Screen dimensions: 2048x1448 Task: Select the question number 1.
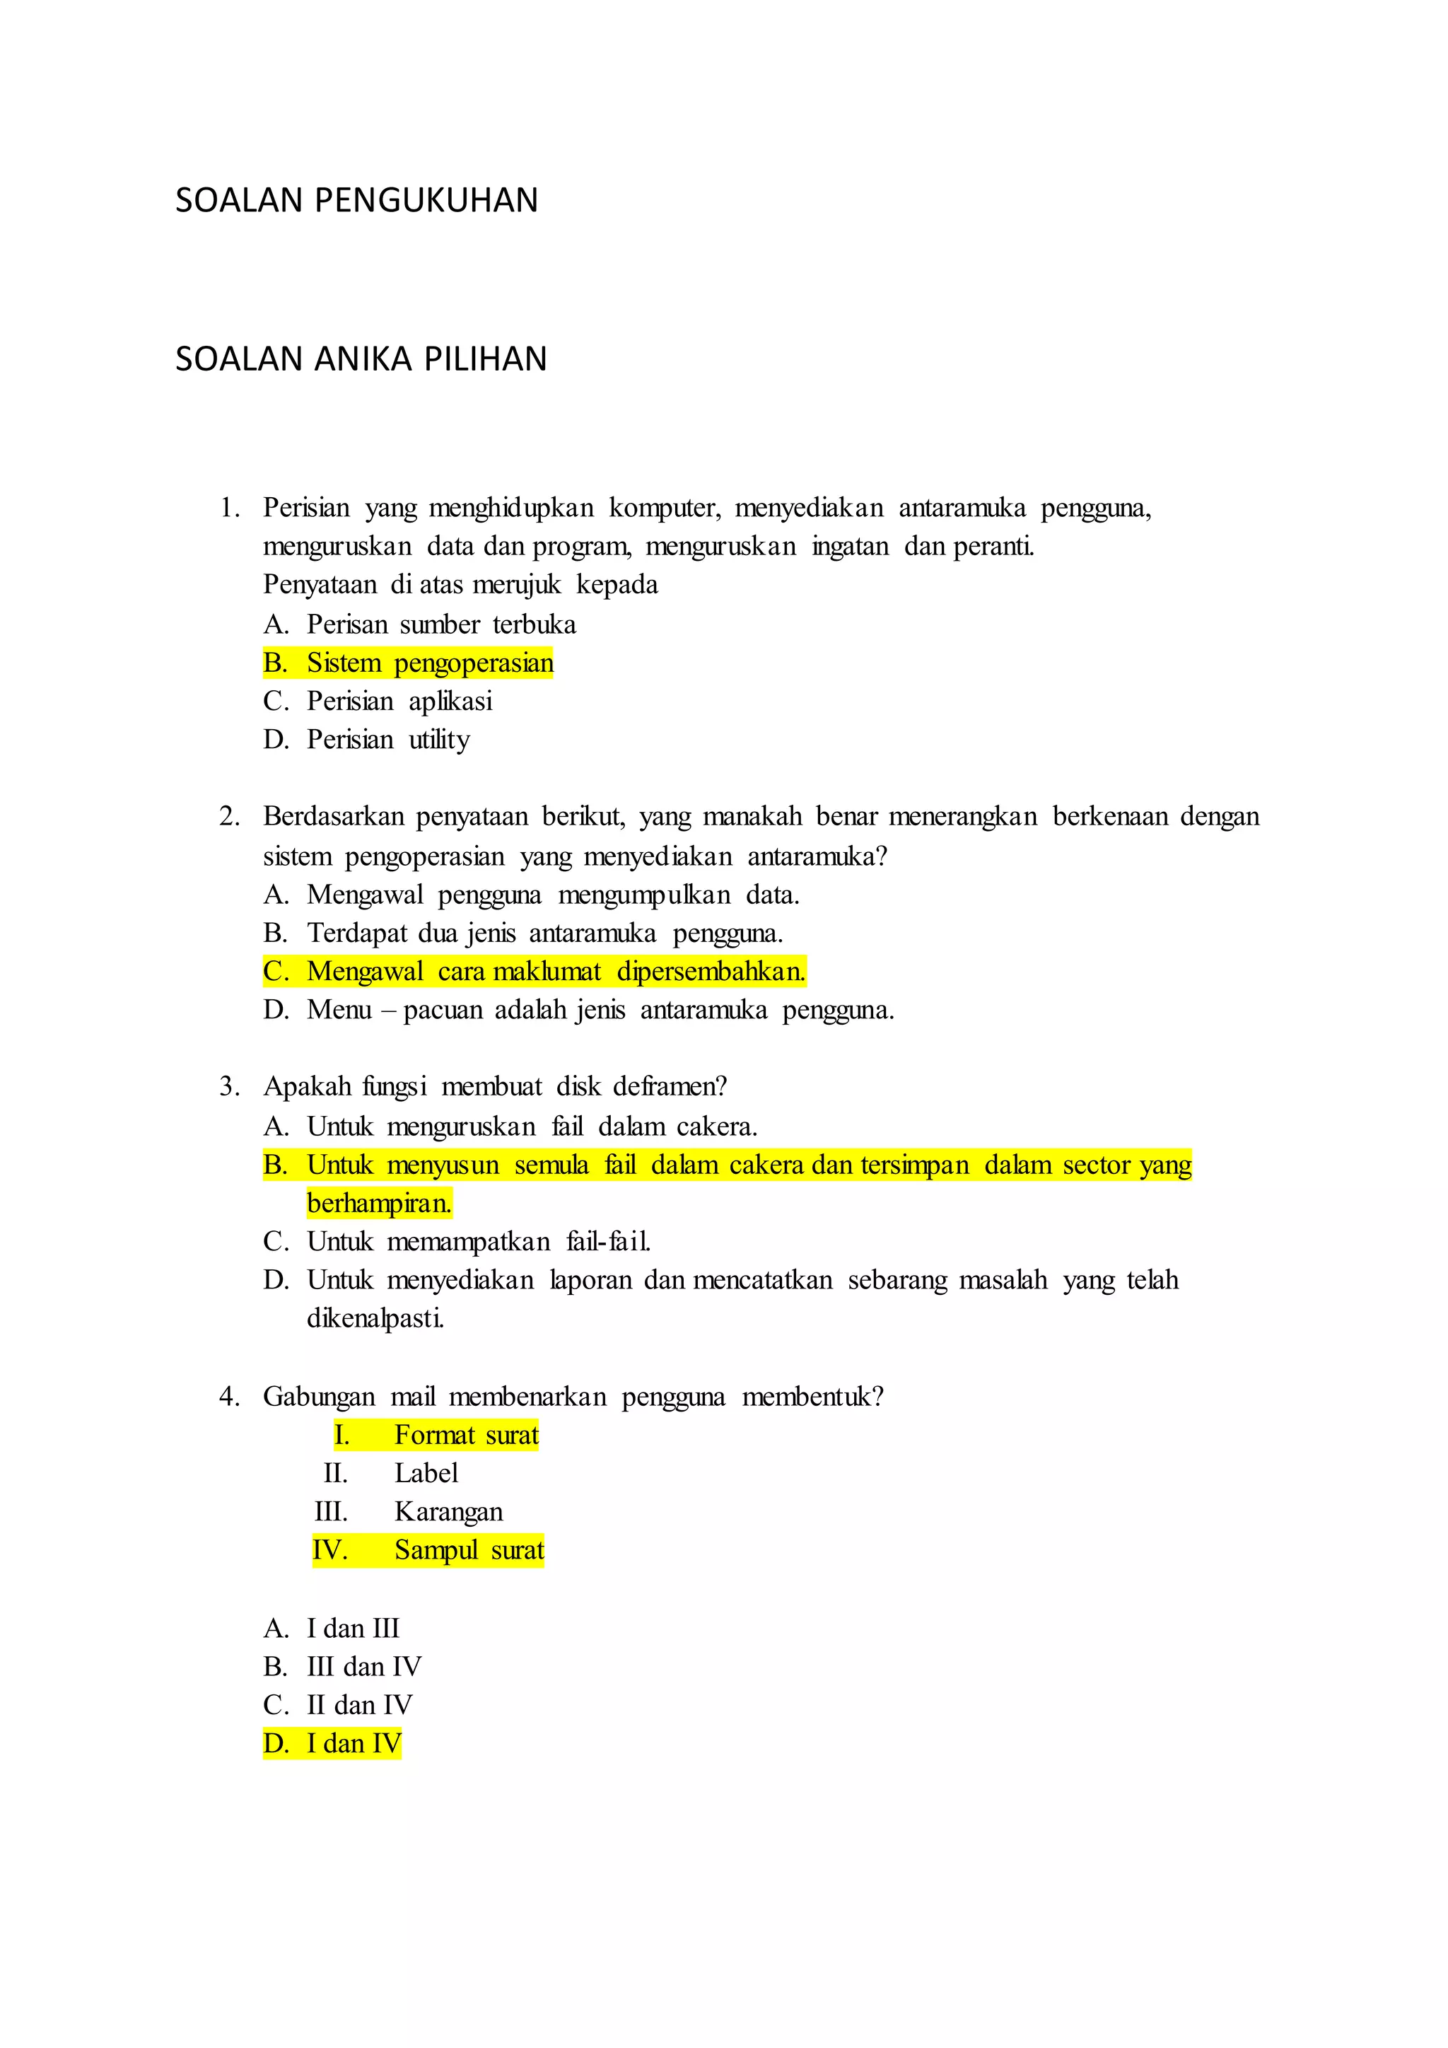coord(229,508)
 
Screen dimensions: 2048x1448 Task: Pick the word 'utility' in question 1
coord(438,740)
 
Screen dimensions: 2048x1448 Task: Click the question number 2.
coord(229,817)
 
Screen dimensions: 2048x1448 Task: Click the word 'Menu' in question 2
coord(339,1010)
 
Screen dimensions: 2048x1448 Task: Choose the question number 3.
coord(229,1086)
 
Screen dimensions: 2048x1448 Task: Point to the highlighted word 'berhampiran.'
coord(379,1204)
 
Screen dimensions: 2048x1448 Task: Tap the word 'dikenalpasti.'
coord(375,1318)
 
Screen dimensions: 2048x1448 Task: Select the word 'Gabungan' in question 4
coord(318,1397)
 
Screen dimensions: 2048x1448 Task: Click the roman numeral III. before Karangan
coord(331,1512)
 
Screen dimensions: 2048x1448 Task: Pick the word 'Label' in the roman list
coord(426,1474)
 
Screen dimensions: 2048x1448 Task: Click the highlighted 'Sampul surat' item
coord(469,1550)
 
